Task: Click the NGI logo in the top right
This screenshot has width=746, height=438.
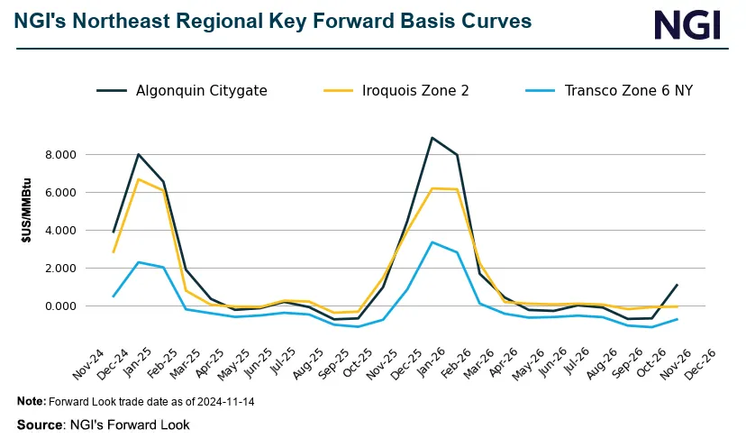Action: click(687, 24)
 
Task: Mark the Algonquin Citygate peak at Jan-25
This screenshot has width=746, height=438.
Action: click(138, 154)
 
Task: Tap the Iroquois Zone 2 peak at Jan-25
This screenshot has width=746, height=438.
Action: click(138, 179)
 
